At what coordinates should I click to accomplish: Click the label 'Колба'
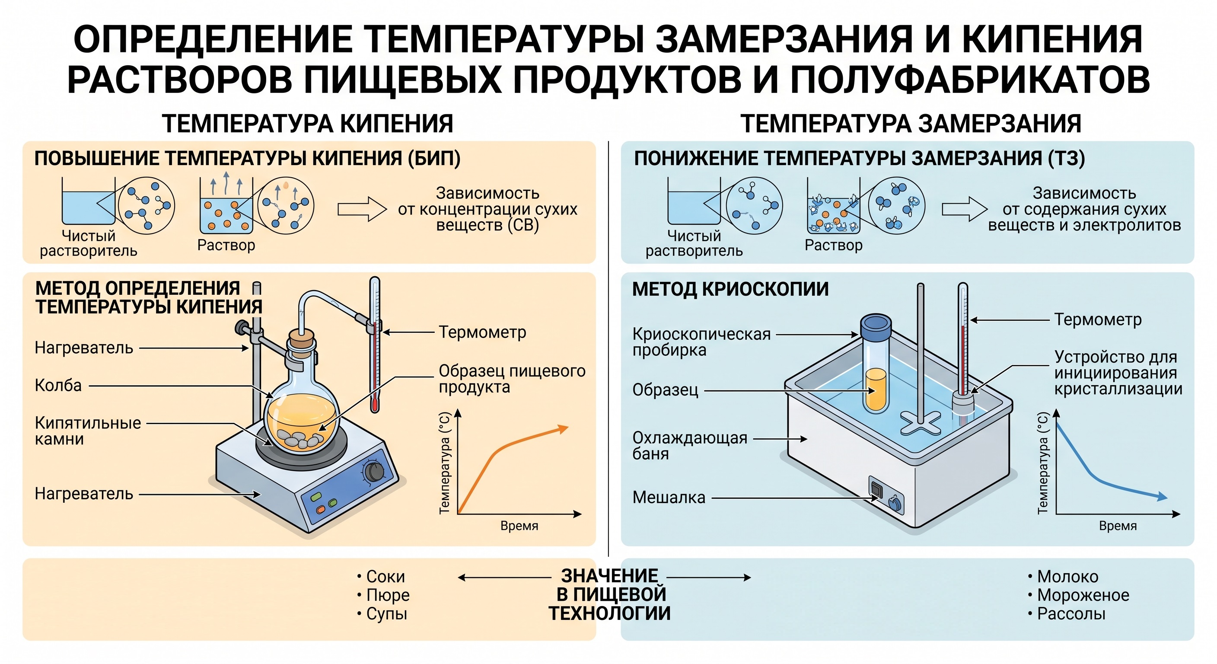[x=58, y=386]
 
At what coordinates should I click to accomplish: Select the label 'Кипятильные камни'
[x=88, y=431]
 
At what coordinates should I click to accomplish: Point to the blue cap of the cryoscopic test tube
[x=876, y=326]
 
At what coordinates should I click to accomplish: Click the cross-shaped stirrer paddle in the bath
[x=920, y=422]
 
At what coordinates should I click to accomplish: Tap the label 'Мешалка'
[x=669, y=498]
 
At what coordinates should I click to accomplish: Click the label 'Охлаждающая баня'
[x=690, y=446]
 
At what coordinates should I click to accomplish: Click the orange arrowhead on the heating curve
[x=562, y=429]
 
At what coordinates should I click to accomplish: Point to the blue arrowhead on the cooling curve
[x=1161, y=496]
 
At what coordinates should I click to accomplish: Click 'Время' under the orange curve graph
[x=519, y=526]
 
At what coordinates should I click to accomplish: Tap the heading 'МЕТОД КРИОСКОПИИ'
[x=730, y=289]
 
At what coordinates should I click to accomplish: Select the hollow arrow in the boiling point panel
[x=362, y=209]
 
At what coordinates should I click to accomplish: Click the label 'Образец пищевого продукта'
[x=512, y=379]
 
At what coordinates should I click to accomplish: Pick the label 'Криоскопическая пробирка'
[x=701, y=342]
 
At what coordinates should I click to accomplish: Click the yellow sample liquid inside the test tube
[x=876, y=389]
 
